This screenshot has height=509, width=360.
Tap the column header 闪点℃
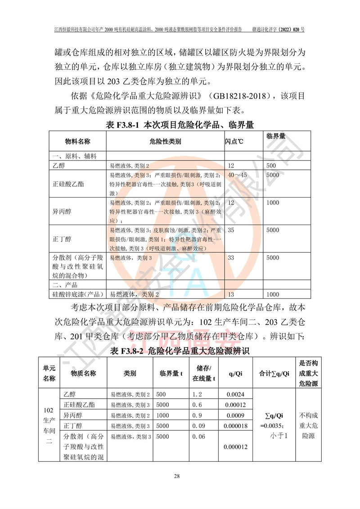pyautogui.click(x=234, y=142)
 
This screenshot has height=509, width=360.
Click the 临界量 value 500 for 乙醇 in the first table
pyautogui.click(x=273, y=166)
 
